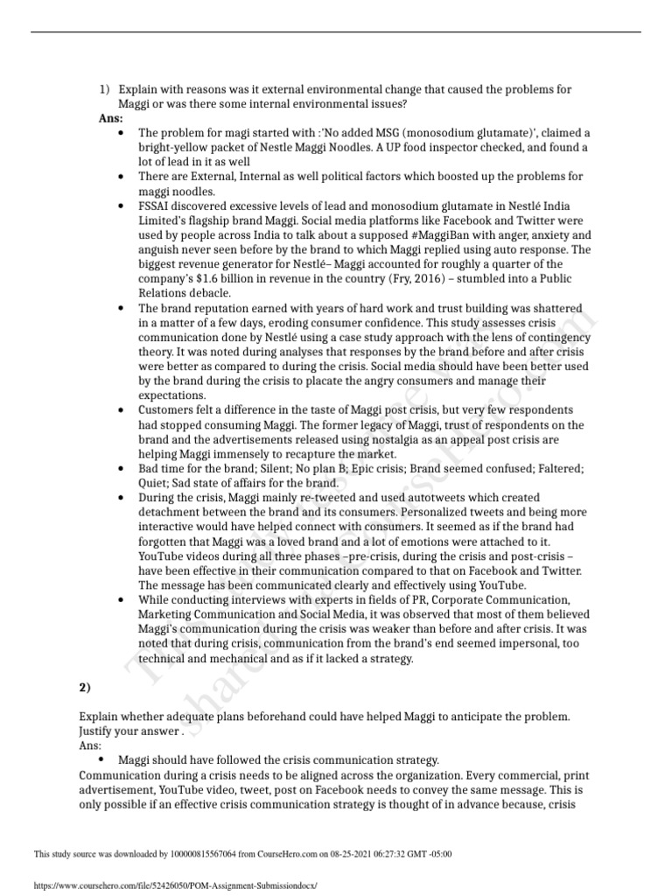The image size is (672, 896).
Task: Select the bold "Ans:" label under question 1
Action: pos(110,118)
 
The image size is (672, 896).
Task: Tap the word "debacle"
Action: pos(206,293)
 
